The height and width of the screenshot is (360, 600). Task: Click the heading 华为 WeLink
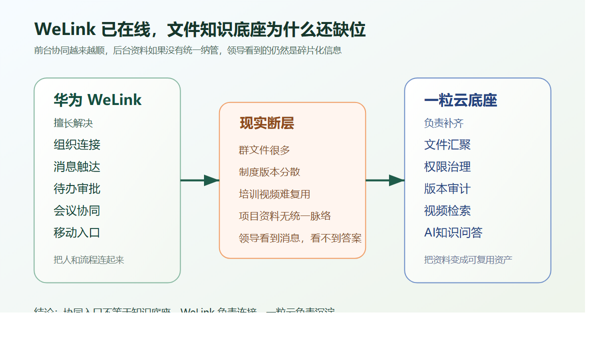coord(97,100)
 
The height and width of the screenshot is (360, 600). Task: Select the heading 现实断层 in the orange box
coord(267,123)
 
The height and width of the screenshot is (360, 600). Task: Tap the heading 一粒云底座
coord(460,100)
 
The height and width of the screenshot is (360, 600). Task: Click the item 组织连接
coord(77,145)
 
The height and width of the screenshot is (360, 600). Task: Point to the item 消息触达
coord(77,167)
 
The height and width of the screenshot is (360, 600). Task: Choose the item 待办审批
coord(77,189)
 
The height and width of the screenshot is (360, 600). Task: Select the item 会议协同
coord(77,211)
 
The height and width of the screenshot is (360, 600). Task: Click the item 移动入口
coord(77,233)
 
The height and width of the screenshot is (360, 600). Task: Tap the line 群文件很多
coord(264,150)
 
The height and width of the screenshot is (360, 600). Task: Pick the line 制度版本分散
coord(269,172)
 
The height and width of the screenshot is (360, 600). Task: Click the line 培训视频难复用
coord(274,194)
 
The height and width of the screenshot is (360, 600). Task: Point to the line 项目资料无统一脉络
coord(285,216)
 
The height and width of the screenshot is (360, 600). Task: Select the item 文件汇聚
coord(447,145)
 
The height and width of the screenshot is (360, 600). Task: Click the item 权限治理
coord(447,167)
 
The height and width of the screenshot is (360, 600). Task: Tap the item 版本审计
coord(447,189)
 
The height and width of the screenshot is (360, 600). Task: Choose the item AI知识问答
coord(453,233)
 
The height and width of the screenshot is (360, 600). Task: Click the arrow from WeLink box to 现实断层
coord(199,180)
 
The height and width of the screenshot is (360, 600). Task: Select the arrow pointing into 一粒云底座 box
coord(385,180)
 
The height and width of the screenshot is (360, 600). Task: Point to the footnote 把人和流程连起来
coord(89,260)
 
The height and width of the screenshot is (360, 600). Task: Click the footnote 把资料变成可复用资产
coord(468,260)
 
